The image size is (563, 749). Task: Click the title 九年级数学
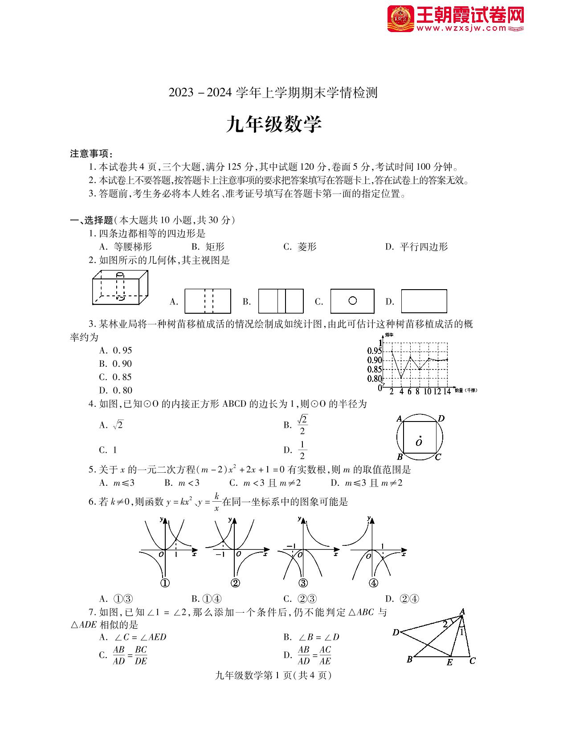tap(273, 125)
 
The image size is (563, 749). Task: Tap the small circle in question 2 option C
tap(352, 301)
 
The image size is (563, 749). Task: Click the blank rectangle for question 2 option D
tap(424, 301)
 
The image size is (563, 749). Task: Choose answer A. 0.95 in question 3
tap(116, 350)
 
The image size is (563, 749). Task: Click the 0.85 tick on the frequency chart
tap(375, 369)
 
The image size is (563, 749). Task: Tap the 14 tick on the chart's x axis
tap(447, 392)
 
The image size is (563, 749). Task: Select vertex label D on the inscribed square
tap(441, 418)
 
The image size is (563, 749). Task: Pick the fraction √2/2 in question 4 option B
tap(302, 425)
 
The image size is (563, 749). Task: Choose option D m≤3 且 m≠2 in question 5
tap(367, 483)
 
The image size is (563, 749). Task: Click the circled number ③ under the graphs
tap(303, 583)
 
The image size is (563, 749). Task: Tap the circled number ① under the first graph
tap(165, 583)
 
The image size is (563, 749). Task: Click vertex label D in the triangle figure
tap(396, 632)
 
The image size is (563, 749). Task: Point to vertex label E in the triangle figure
tap(449, 663)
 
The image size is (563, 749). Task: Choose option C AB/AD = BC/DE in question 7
tap(123, 655)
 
